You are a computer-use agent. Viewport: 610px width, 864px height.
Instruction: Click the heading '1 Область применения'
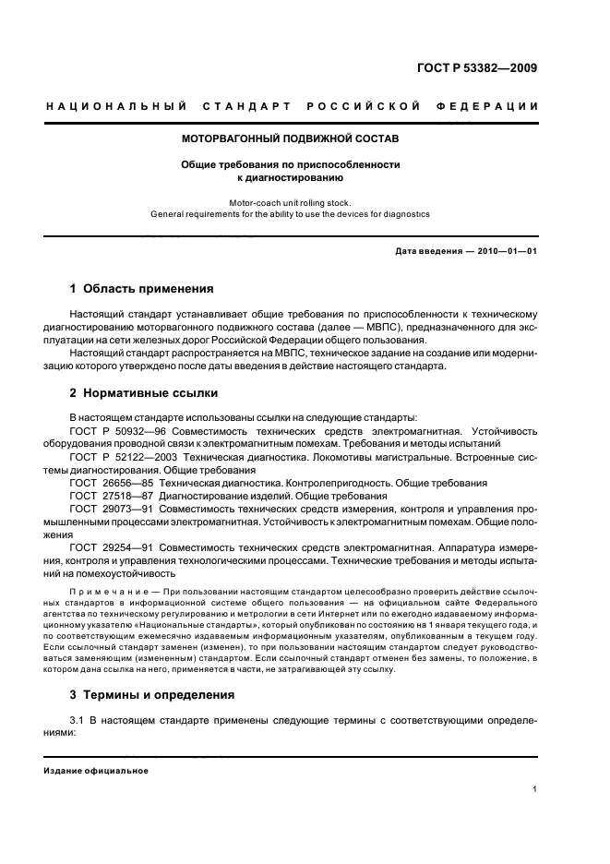142,288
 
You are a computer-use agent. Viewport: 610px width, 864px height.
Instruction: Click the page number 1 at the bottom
535,789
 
